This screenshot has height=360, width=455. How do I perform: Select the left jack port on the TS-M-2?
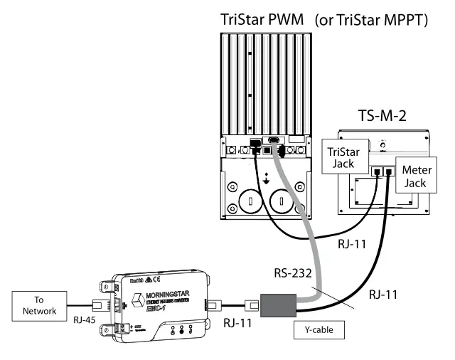[376, 171]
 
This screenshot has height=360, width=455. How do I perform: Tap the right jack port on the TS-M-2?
[390, 171]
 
